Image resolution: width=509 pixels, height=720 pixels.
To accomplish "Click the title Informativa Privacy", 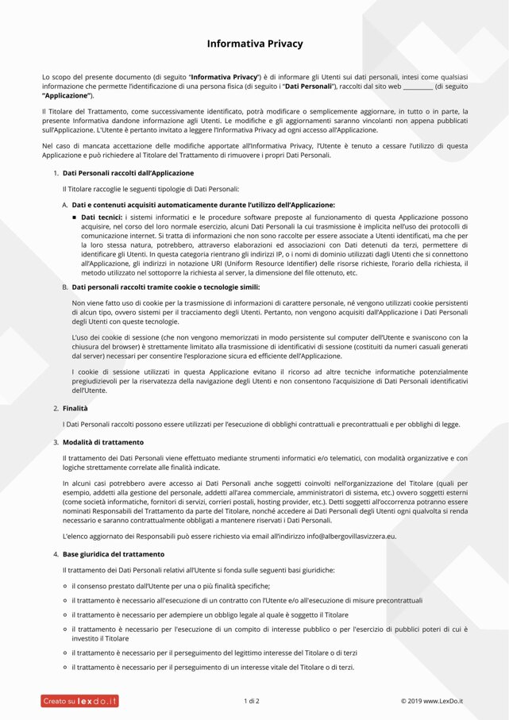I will point(254,44).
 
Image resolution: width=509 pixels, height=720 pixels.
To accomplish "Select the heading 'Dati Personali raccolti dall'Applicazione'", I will point(128,172).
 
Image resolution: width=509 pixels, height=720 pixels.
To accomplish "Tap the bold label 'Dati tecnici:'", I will point(102,216).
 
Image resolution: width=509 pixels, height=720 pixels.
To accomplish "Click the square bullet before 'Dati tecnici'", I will point(75,216).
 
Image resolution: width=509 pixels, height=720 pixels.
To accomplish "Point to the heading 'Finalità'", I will point(75,408).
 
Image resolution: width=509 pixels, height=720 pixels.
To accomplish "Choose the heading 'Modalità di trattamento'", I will point(103,441).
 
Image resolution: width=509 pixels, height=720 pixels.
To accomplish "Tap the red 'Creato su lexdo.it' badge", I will point(80,701).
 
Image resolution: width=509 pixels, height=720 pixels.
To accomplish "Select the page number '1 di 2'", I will point(252,701).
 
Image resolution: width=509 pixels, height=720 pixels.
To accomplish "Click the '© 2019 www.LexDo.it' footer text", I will point(431,701).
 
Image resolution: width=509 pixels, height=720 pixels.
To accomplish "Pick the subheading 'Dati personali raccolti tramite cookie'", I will point(165,287).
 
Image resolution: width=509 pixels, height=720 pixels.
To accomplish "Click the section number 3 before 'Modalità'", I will point(56,441).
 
